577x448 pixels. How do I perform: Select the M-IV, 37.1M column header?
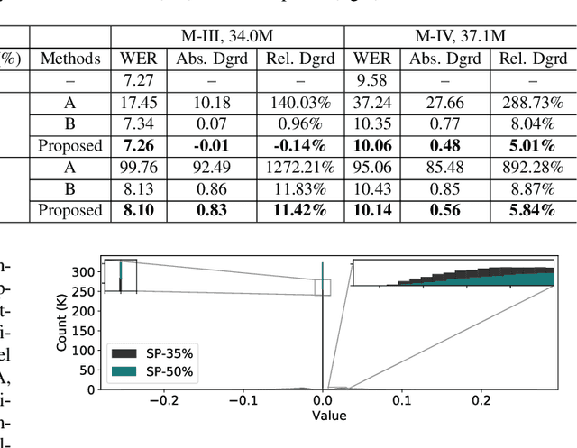pos(460,37)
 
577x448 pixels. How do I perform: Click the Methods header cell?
pos(70,59)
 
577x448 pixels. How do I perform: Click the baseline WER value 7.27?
pos(138,81)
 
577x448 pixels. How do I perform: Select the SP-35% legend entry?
pos(157,352)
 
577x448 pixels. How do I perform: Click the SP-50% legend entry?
pos(157,370)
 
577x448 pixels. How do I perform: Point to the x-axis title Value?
pos(329,416)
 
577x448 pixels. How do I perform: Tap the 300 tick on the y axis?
pos(85,271)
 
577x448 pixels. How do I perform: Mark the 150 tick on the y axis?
pos(85,331)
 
